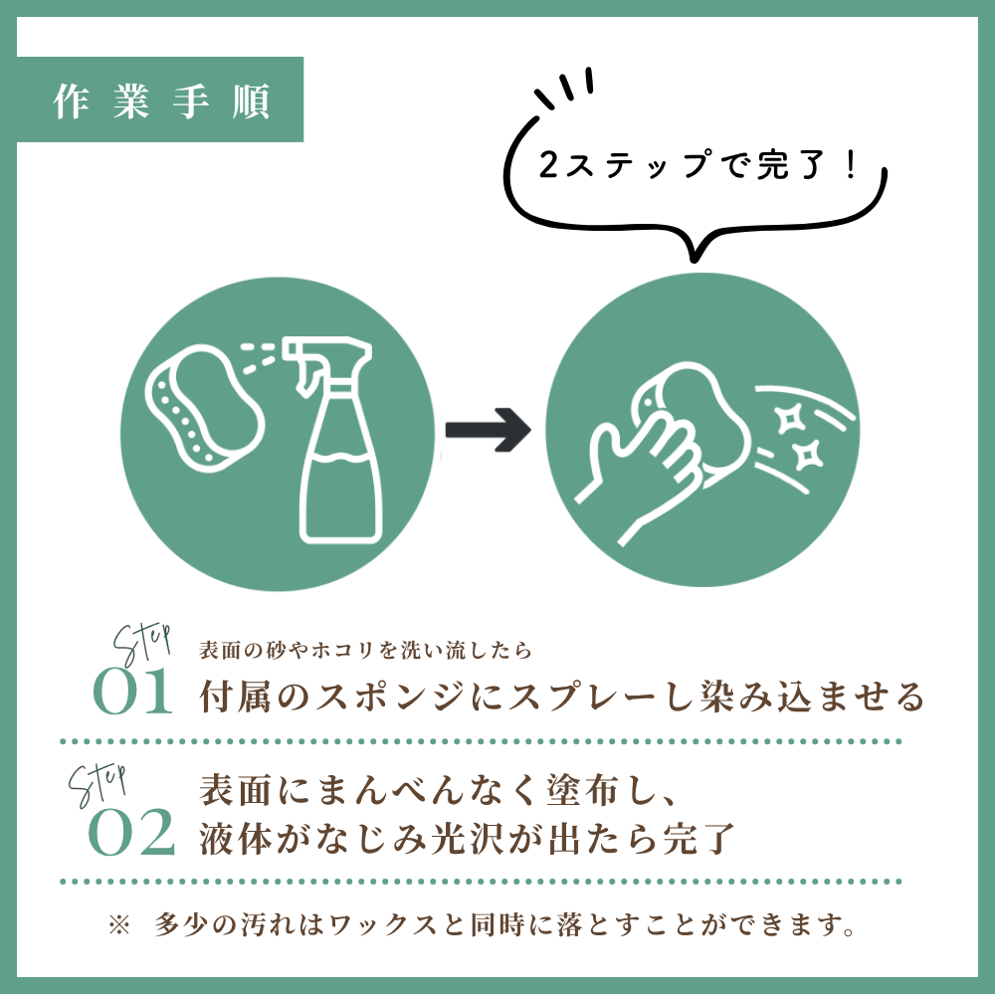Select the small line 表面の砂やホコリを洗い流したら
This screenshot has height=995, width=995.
367,651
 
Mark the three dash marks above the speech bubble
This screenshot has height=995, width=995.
564,88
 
